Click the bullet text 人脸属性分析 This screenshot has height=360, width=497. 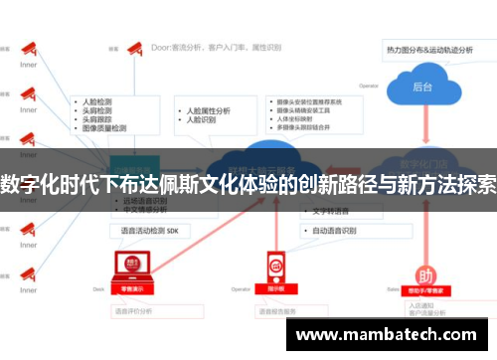pos(208,109)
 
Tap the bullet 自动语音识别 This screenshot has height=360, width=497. pos(337,230)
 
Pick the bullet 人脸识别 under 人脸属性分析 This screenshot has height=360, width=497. pos(202,121)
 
